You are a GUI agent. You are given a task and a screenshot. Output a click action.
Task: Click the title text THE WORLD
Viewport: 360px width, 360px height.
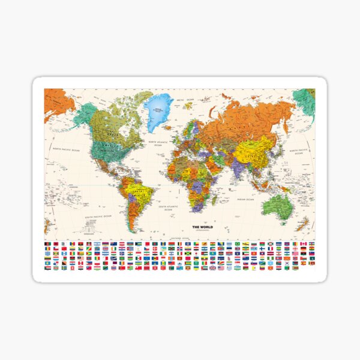(x=202, y=227)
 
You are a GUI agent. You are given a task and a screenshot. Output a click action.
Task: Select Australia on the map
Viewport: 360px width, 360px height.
(x=278, y=205)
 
